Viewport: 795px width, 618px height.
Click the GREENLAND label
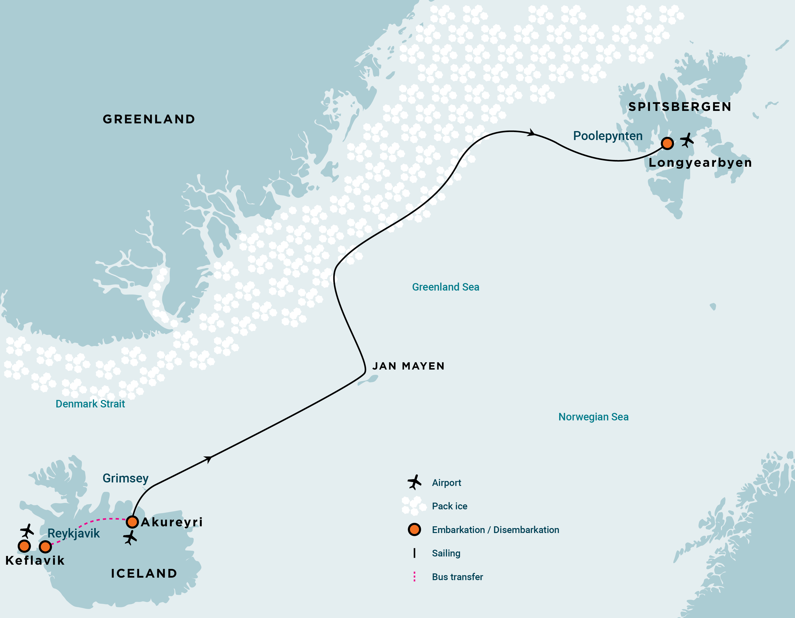(149, 119)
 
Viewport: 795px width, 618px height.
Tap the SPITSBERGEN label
(680, 107)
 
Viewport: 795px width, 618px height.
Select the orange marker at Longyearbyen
(667, 143)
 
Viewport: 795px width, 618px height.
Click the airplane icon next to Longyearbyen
(687, 140)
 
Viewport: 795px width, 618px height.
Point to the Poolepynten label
(608, 136)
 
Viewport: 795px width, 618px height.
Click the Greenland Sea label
(445, 287)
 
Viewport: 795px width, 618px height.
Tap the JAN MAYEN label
(408, 366)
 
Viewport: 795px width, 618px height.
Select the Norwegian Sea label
(593, 417)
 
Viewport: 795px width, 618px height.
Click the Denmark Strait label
(90, 404)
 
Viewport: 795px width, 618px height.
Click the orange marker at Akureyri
(132, 522)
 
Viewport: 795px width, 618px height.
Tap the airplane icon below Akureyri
(130, 538)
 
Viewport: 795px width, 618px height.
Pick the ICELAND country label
(144, 573)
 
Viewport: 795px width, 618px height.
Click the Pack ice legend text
(449, 506)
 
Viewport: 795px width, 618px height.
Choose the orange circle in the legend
(414, 530)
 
